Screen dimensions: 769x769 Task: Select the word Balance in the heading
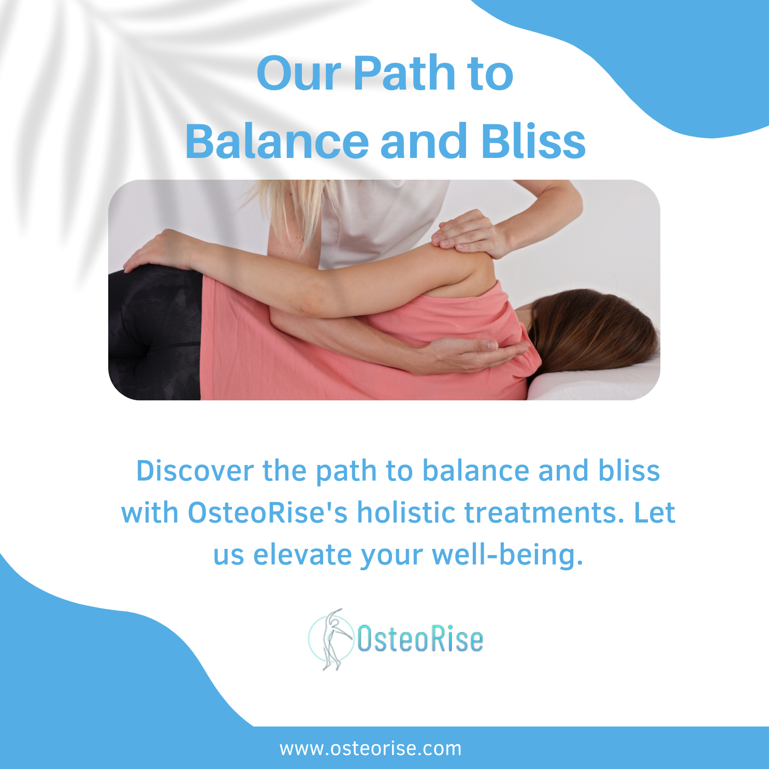click(277, 141)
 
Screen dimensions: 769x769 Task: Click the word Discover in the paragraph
click(195, 471)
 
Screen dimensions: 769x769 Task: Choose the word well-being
click(507, 555)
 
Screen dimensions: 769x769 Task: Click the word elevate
click(302, 555)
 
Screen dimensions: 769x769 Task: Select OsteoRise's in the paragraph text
click(268, 513)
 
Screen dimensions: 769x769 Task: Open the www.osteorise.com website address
click(371, 749)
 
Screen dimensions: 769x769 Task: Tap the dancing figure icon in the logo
click(332, 639)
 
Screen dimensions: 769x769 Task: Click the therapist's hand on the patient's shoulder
click(469, 233)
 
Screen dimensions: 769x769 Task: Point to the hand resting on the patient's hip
click(155, 251)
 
